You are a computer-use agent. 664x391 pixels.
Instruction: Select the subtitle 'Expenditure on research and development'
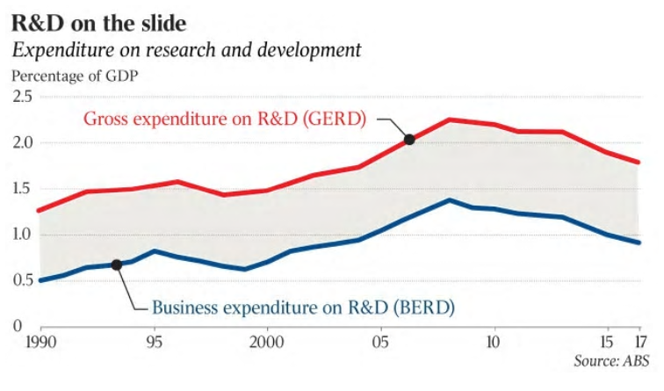tap(186, 49)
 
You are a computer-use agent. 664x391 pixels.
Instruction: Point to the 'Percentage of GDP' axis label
tap(75, 76)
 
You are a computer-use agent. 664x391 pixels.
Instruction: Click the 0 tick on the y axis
tap(15, 326)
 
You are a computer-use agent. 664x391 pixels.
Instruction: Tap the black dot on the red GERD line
tap(408, 139)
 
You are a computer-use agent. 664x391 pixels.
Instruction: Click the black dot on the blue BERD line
tap(117, 264)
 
